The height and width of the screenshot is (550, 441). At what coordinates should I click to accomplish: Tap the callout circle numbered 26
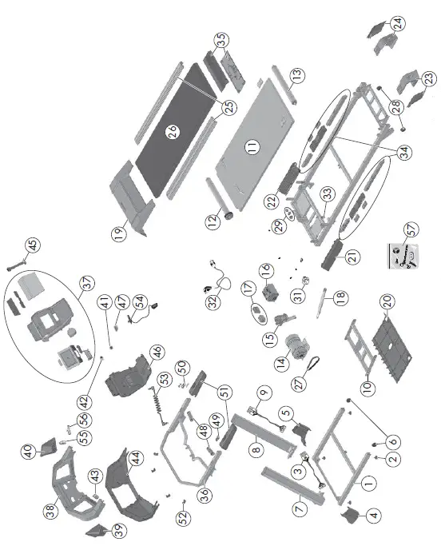tap(172, 133)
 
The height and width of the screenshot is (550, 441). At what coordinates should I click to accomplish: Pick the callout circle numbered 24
tap(398, 22)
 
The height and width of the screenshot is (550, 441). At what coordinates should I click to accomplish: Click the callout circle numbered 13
tap(298, 78)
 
